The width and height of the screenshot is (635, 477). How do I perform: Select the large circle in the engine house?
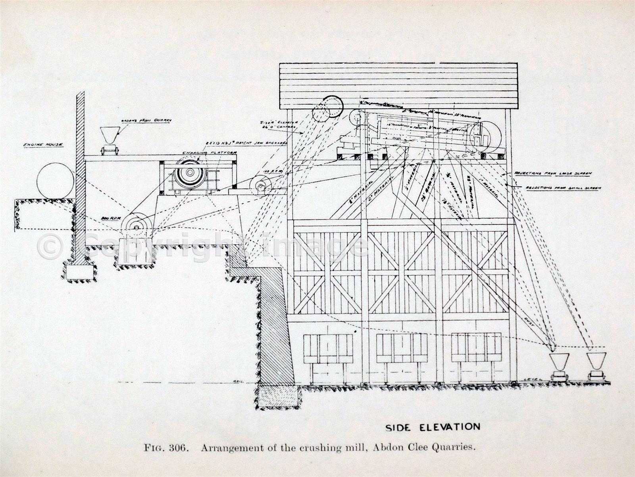pyautogui.click(x=55, y=181)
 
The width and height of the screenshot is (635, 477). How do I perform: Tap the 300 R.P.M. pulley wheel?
pyautogui.click(x=136, y=227)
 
